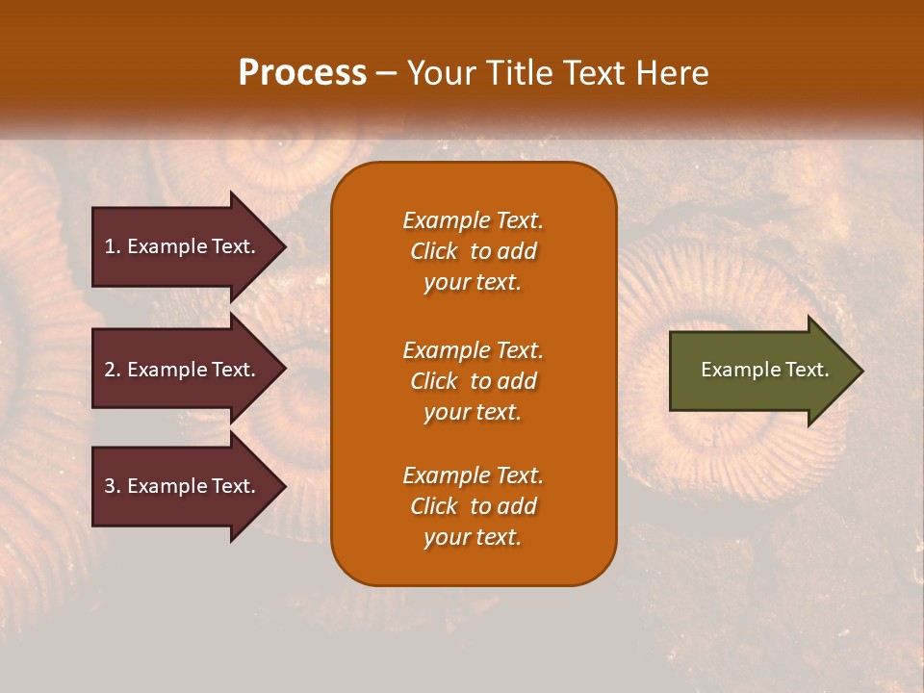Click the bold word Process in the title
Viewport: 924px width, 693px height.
pos(302,73)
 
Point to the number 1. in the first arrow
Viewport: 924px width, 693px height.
pos(113,246)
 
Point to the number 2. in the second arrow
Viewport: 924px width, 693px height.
pos(113,370)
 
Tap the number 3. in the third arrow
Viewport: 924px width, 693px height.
pos(113,486)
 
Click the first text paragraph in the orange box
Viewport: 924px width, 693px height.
pos(473,251)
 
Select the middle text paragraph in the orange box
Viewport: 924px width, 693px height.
pos(473,380)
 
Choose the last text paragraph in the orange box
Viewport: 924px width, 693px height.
pos(473,506)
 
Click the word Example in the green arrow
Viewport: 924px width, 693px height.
pos(733,370)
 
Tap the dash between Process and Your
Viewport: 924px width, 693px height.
pos(386,73)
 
